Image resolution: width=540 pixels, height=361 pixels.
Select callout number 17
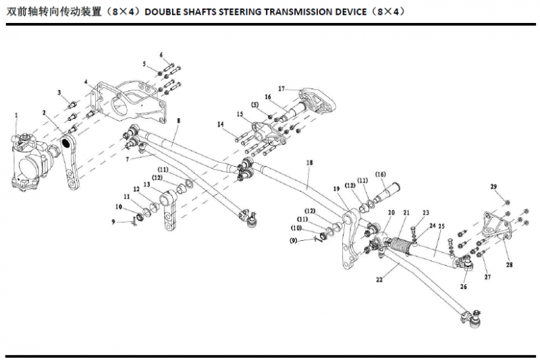point(282,88)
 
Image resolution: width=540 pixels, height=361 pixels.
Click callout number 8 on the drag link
point(179,120)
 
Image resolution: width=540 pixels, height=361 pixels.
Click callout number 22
point(379,279)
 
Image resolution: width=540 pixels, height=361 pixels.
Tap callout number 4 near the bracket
point(86,82)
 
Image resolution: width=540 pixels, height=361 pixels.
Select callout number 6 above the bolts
point(162,55)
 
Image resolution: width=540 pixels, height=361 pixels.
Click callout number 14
point(221,124)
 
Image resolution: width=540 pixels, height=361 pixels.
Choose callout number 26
point(464,285)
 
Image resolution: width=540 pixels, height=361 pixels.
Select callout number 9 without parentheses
point(115,221)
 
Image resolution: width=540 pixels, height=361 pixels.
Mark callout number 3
point(59,92)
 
